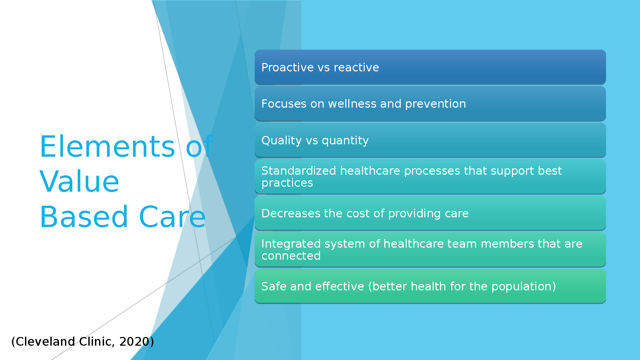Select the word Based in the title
coord(84,217)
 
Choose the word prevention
coord(435,104)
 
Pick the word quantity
coord(345,141)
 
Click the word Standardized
coord(299,171)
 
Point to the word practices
coord(287,183)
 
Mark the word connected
coord(291,256)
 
